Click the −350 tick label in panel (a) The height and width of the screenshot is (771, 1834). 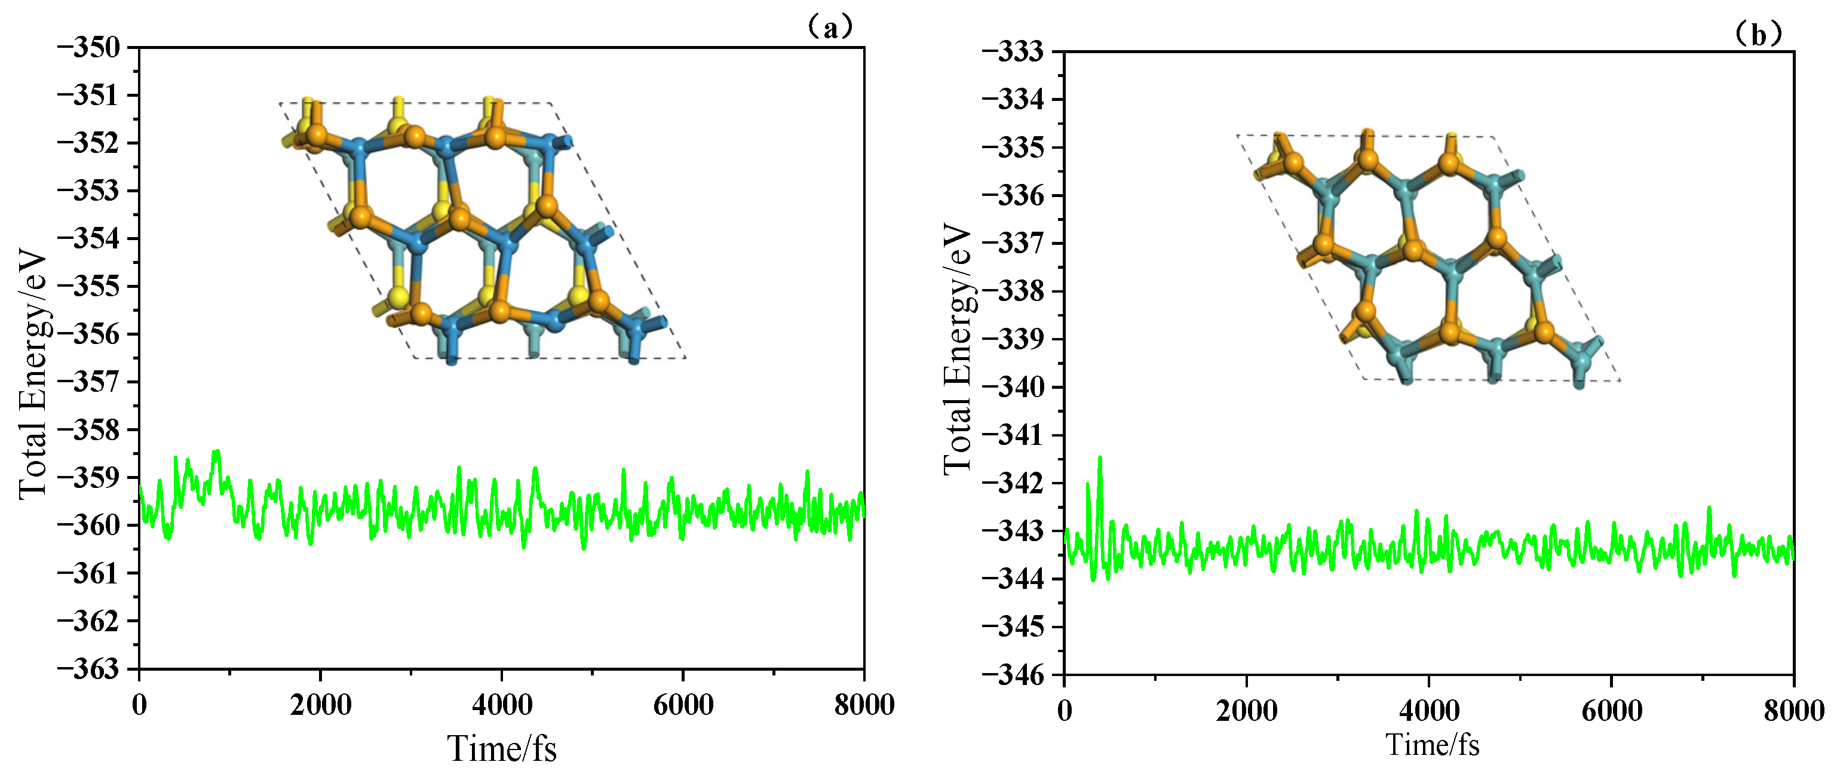point(89,48)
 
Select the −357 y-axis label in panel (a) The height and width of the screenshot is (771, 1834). point(89,382)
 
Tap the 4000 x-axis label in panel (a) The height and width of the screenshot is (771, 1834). point(502,705)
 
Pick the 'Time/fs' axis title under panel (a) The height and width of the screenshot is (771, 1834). point(502,748)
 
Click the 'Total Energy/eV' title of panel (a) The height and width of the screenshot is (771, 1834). point(33,375)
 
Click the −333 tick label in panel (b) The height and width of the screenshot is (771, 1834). point(1013,51)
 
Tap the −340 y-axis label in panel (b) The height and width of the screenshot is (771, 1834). point(1013,387)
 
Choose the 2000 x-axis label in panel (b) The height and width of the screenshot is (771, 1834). point(1247,711)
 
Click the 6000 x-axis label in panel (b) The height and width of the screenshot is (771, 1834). point(1612,711)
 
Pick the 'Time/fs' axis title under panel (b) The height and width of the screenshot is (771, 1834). point(1433,745)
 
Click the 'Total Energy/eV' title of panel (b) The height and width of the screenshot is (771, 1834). point(958,349)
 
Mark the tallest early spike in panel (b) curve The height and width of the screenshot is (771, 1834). point(1100,457)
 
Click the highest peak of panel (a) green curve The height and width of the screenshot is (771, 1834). point(216,451)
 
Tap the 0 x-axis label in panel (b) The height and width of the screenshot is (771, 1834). point(1065,711)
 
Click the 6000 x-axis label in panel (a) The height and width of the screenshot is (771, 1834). point(683,705)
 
